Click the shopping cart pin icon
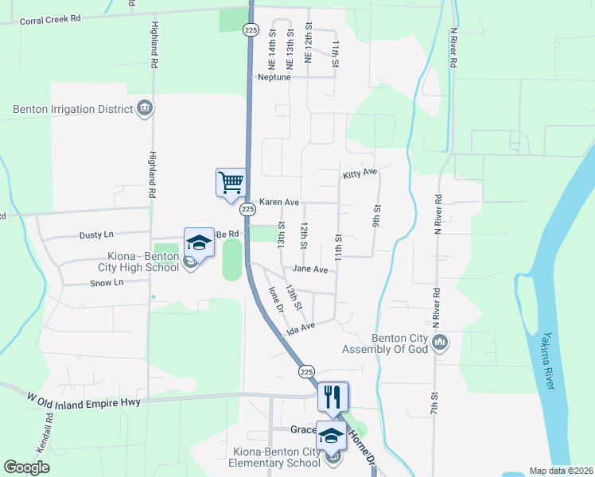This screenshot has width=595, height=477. pos(231,182)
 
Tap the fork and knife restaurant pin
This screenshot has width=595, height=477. pos(332,395)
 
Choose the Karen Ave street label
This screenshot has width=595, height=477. pos(278,203)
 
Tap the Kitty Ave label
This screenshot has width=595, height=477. pos(360,173)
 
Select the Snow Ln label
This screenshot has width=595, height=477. pos(107,282)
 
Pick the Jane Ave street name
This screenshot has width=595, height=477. pos(310,270)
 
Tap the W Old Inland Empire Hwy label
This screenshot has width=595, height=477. pos(84,402)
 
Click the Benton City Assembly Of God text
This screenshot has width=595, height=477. pos(385,343)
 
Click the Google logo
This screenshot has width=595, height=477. pos(27,467)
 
